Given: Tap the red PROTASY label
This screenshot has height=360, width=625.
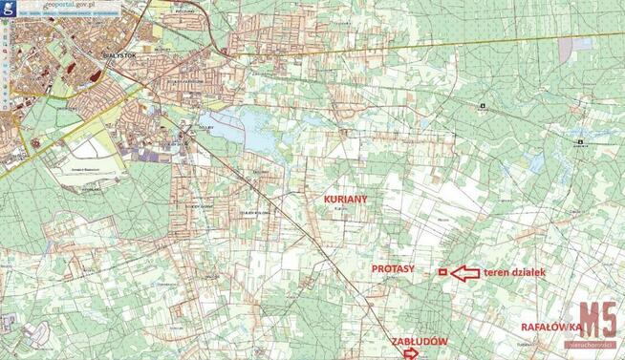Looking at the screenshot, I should (393, 270).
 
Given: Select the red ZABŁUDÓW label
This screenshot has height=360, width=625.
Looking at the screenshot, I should (419, 339).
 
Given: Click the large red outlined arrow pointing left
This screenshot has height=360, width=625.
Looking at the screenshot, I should (463, 274).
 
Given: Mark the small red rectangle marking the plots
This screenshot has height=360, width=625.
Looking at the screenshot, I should (442, 273).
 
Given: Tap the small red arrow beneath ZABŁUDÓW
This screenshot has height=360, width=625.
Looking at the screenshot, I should (411, 352).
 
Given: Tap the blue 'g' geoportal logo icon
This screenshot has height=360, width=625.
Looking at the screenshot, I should (7, 7).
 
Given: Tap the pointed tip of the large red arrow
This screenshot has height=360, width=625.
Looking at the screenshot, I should (450, 274).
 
